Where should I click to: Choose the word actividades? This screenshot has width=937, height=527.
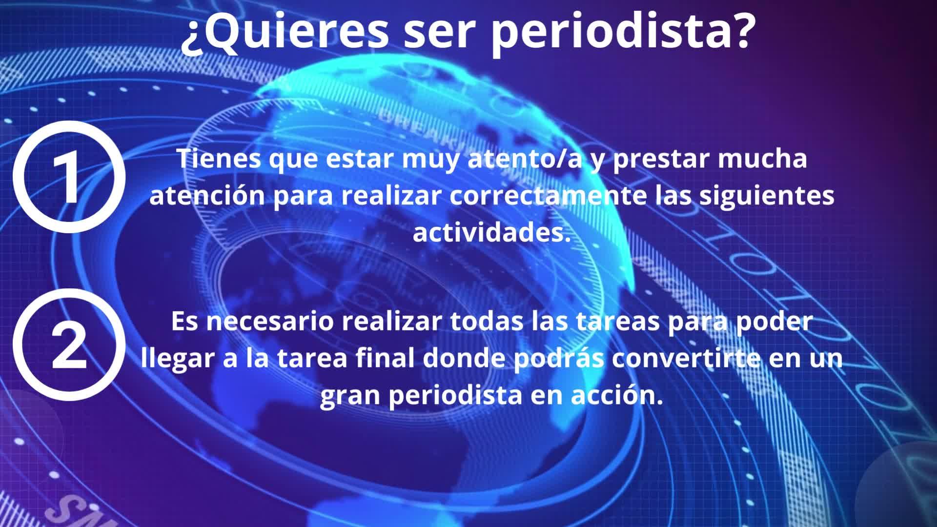[492, 233]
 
